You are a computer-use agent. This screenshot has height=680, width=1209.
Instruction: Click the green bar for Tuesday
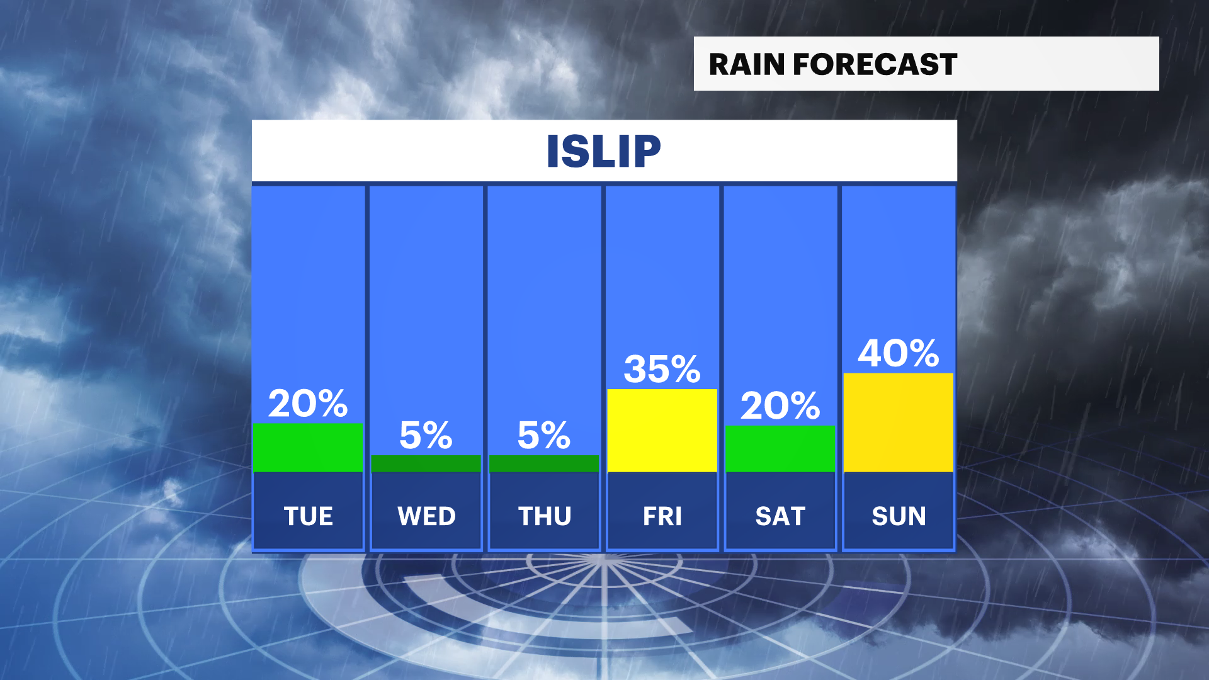[x=307, y=447]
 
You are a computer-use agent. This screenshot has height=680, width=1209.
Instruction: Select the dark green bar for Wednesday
[x=426, y=463]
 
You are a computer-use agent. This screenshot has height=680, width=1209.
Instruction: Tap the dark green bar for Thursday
[x=544, y=463]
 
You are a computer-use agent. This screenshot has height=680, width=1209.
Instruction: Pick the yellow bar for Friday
[x=662, y=430]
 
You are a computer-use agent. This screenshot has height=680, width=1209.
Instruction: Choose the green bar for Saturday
[x=780, y=448]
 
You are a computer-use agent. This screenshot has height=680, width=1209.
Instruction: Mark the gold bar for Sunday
[x=899, y=422]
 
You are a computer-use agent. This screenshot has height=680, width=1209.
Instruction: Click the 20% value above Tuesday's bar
[x=307, y=404]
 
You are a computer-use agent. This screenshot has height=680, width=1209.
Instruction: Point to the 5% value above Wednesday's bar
[x=426, y=435]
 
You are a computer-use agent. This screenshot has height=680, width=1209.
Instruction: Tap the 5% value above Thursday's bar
[x=544, y=435]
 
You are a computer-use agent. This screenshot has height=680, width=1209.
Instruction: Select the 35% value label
[x=662, y=369]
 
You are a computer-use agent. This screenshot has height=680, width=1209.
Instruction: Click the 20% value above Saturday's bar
[x=780, y=405]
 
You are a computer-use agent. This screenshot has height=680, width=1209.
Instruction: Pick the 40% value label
[x=899, y=353]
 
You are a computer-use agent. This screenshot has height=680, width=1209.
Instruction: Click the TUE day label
[x=308, y=516]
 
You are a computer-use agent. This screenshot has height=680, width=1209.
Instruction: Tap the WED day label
[x=426, y=516]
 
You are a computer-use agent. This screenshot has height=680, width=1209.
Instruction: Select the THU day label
[x=545, y=516]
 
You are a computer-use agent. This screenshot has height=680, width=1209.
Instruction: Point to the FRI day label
[x=662, y=516]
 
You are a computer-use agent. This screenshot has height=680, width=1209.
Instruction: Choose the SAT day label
[x=780, y=516]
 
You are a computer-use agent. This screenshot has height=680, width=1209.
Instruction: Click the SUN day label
[x=899, y=516]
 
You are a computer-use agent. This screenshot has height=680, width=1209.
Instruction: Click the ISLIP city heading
[x=603, y=151]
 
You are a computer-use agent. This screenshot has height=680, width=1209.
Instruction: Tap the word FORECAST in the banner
[x=875, y=64]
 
